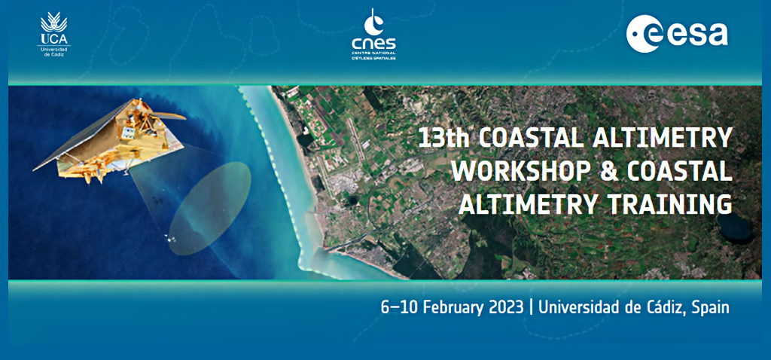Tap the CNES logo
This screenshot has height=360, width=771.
(x=373, y=35)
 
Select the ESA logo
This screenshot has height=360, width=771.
(x=677, y=33)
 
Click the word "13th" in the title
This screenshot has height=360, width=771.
(x=444, y=139)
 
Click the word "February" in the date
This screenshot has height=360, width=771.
(x=453, y=307)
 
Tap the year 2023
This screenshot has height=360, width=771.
(x=505, y=307)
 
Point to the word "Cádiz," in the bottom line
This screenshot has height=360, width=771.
(x=666, y=307)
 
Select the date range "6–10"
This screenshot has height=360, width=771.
(x=400, y=307)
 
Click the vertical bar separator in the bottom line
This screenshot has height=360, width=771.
(x=531, y=308)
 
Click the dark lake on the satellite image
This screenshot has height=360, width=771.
(x=735, y=229)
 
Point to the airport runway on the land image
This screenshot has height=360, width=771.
(x=355, y=139)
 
